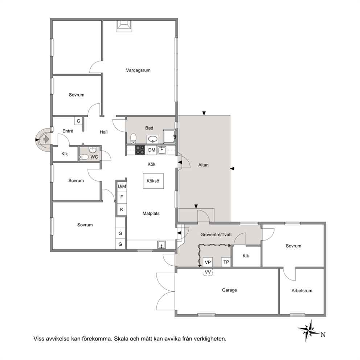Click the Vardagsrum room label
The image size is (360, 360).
point(138,70)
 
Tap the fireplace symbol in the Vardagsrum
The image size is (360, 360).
point(124,26)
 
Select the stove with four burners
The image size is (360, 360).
point(140,150)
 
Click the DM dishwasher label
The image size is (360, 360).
point(152,150)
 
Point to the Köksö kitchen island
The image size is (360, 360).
point(153,181)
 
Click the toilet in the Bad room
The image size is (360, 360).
point(134,139)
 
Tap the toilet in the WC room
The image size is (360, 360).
point(84,157)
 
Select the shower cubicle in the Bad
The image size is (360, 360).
point(169,136)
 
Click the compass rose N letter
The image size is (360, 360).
point(323,335)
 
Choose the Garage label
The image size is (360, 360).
point(229,290)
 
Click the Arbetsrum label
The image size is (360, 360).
point(302,291)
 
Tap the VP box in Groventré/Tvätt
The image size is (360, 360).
point(208,262)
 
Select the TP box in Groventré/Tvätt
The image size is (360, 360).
point(226,262)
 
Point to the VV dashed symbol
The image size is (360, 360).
point(208,272)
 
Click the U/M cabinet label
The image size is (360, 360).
point(122,187)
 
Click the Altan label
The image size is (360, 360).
point(204,165)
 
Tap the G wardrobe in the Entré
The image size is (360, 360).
point(78,121)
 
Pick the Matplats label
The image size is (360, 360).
point(151,213)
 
